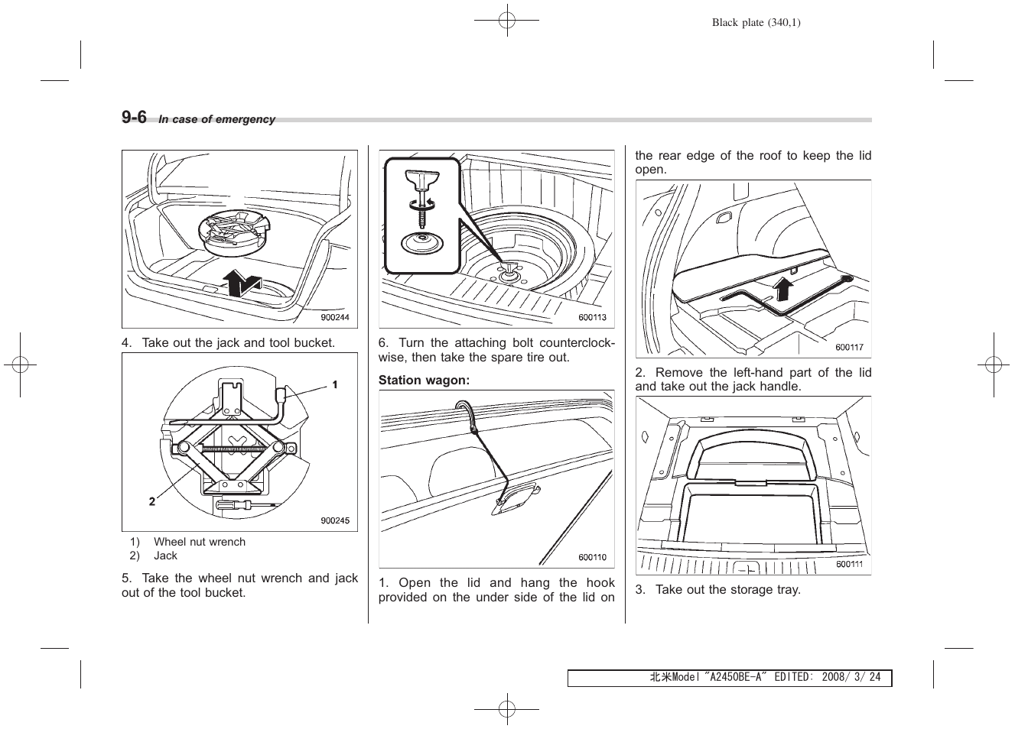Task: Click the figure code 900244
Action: (x=334, y=318)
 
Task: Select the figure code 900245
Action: (x=334, y=521)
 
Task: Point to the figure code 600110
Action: (x=592, y=557)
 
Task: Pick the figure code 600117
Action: (x=849, y=347)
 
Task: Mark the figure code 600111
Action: (x=849, y=564)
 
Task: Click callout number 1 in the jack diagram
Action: (x=334, y=384)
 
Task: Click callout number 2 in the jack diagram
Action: (x=152, y=501)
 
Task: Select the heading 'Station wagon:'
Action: (x=424, y=380)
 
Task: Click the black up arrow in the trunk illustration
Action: (x=241, y=283)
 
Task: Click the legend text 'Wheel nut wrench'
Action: (x=200, y=542)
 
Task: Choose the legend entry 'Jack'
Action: (x=165, y=556)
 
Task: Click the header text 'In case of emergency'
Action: (x=216, y=119)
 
